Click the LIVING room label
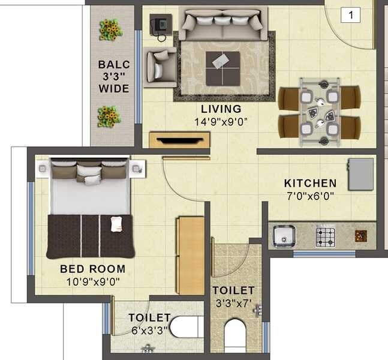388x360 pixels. (x=221, y=109)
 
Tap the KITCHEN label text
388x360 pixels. (x=310, y=183)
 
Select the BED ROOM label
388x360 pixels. (x=92, y=269)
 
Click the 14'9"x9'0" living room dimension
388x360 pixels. (x=221, y=121)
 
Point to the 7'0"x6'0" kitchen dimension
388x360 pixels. (x=310, y=196)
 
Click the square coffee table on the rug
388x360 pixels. (x=222, y=68)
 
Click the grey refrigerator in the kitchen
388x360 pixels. (x=361, y=174)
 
